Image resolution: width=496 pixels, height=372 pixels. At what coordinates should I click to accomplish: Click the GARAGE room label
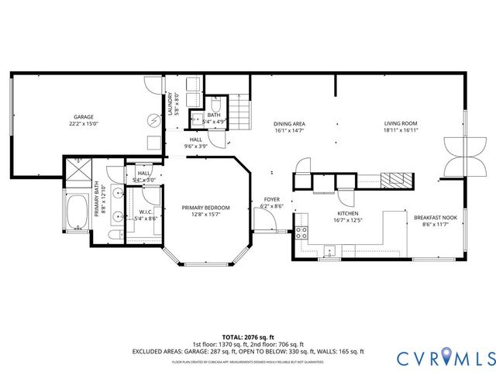pyautogui.click(x=84, y=117)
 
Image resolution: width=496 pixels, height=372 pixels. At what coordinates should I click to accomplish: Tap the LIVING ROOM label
pyautogui.click(x=401, y=123)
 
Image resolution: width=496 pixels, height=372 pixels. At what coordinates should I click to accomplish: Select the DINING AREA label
pyautogui.click(x=289, y=123)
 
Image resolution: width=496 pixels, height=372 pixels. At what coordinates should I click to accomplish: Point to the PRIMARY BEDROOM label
pyautogui.click(x=205, y=208)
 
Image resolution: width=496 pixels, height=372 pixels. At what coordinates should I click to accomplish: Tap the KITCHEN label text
pyautogui.click(x=346, y=213)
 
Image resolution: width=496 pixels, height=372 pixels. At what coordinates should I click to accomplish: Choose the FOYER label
pyautogui.click(x=271, y=199)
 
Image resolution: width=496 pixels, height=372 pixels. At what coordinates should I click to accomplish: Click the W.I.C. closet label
pyautogui.click(x=146, y=212)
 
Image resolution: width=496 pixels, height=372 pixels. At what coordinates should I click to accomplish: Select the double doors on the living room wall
pyautogui.click(x=453, y=157)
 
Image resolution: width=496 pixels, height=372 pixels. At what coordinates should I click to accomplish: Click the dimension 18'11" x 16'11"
pyautogui.click(x=401, y=131)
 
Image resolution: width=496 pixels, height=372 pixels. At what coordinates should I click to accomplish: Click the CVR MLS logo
pyautogui.click(x=445, y=357)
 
